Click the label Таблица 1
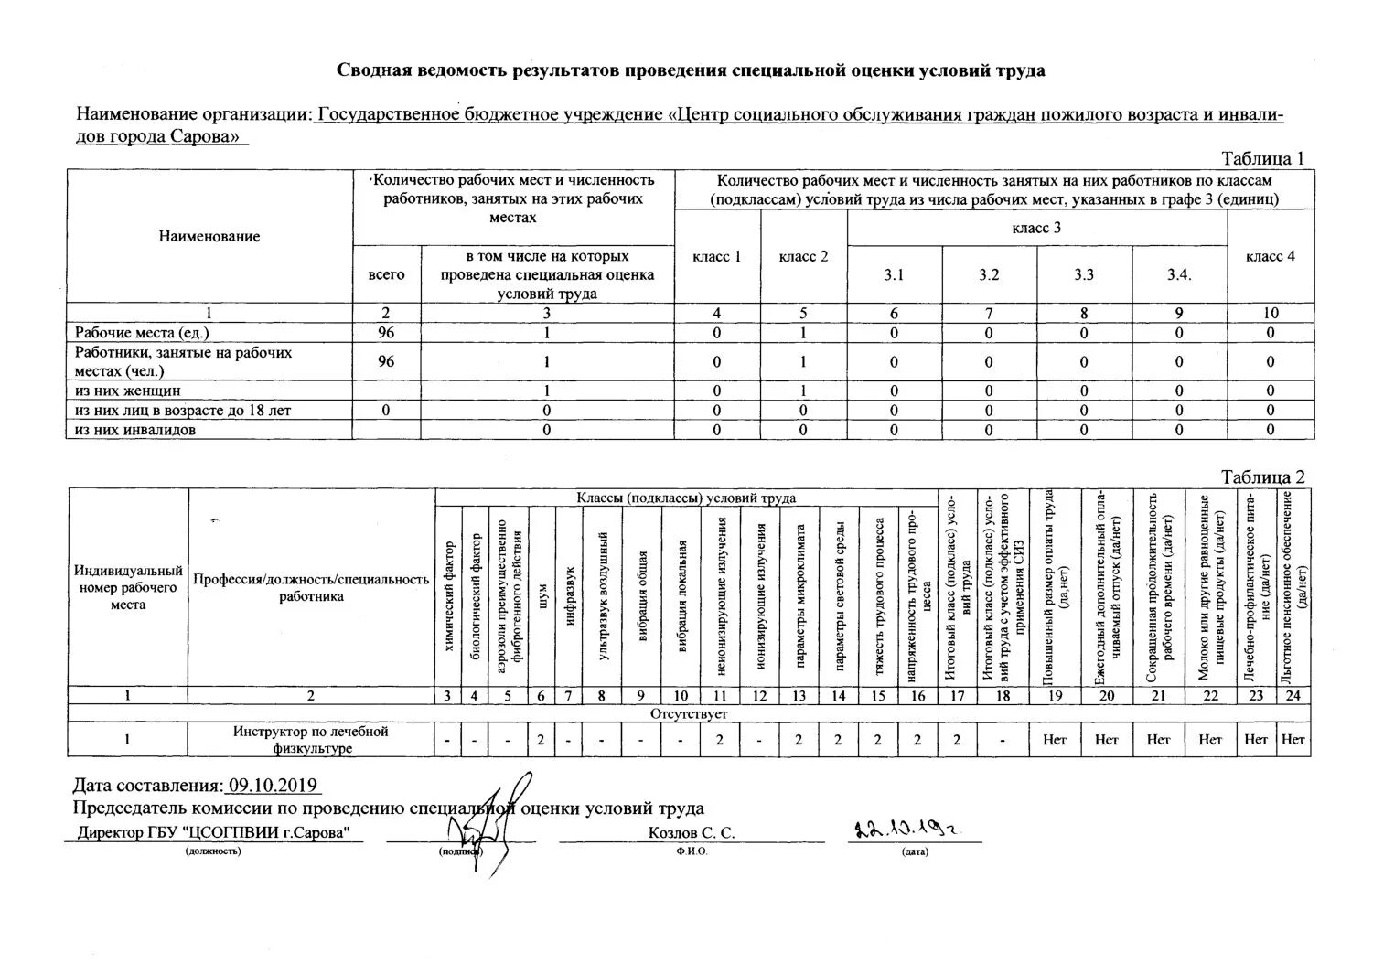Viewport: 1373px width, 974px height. [1262, 158]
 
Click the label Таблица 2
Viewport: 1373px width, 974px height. [1262, 476]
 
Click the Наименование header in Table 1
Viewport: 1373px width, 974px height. [209, 236]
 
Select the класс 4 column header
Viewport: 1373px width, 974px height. [1270, 256]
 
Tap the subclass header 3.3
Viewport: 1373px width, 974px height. [1084, 274]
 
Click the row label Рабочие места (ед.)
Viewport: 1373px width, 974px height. [148, 333]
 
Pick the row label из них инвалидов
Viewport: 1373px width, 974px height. [135, 429]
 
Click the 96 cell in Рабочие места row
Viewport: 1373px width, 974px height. [386, 333]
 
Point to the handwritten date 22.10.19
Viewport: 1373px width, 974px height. [910, 830]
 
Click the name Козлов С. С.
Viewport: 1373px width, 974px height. [691, 833]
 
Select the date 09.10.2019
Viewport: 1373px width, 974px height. [273, 786]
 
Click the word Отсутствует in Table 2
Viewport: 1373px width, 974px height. [689, 712]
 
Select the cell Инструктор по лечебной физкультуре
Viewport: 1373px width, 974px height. [310, 739]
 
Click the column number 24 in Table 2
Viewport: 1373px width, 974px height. [1293, 695]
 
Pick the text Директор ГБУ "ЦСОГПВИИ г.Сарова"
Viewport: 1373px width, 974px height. [214, 833]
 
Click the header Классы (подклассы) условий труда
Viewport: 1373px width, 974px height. [685, 498]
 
